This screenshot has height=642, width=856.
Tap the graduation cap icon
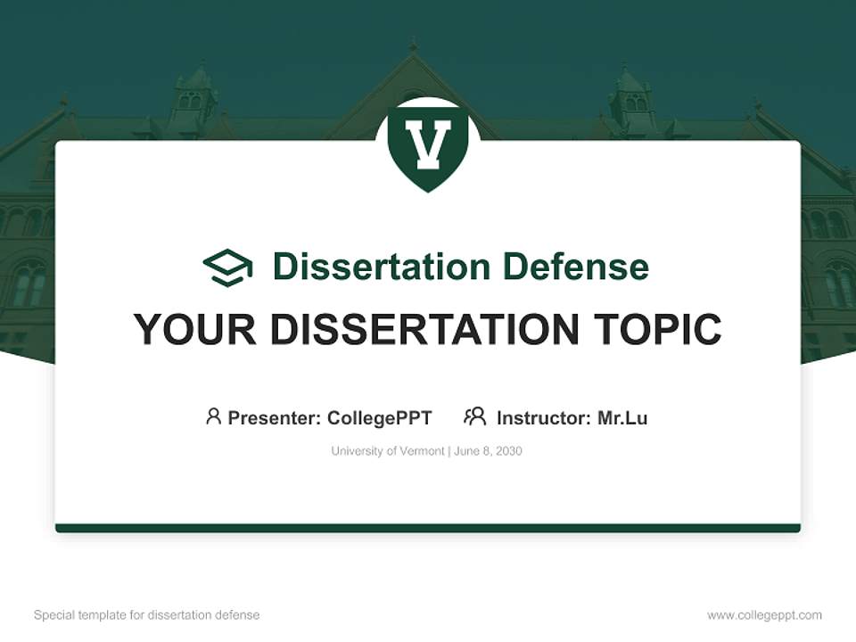pos(227,267)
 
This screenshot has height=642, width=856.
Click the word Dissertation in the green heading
pos(382,267)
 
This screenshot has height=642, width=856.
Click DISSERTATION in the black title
pos(424,330)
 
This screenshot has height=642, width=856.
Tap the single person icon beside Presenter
pos(213,416)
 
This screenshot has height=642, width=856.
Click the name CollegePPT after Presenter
pos(379,417)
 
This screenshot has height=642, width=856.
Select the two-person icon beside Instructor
pos(474,416)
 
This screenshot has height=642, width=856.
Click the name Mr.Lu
pos(622,417)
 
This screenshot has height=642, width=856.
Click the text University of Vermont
pos(387,451)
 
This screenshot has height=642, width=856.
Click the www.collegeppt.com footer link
pos(764,615)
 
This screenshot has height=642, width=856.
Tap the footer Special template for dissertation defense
pos(146,615)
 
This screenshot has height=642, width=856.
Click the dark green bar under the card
pos(428,528)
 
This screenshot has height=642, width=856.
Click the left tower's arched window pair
pos(191,100)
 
